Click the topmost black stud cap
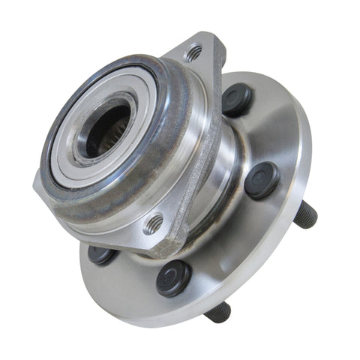click(237, 100)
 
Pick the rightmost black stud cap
click(262, 180)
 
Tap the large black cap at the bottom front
click(174, 277)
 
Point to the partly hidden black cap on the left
click(101, 255)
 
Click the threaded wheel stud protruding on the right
click(304, 215)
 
